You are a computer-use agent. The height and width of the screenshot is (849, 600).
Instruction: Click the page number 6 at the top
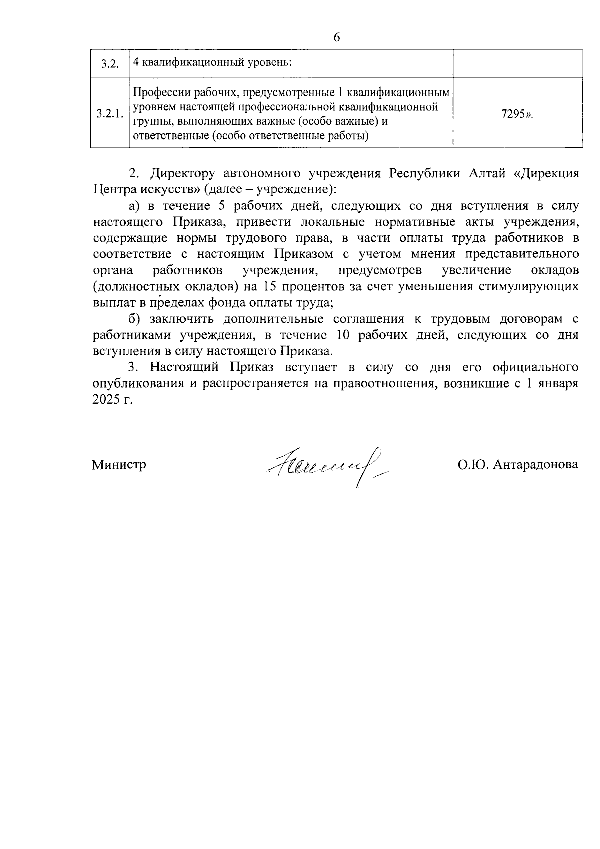(x=336, y=38)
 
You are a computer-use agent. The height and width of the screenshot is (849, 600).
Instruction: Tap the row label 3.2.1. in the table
(x=110, y=114)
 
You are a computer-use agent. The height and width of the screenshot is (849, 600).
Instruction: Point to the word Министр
(x=119, y=465)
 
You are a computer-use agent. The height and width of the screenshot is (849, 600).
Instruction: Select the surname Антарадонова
(x=535, y=465)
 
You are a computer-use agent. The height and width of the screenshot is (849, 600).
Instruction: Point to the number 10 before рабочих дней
(x=351, y=335)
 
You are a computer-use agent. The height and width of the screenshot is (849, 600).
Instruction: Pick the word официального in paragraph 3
(x=535, y=367)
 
